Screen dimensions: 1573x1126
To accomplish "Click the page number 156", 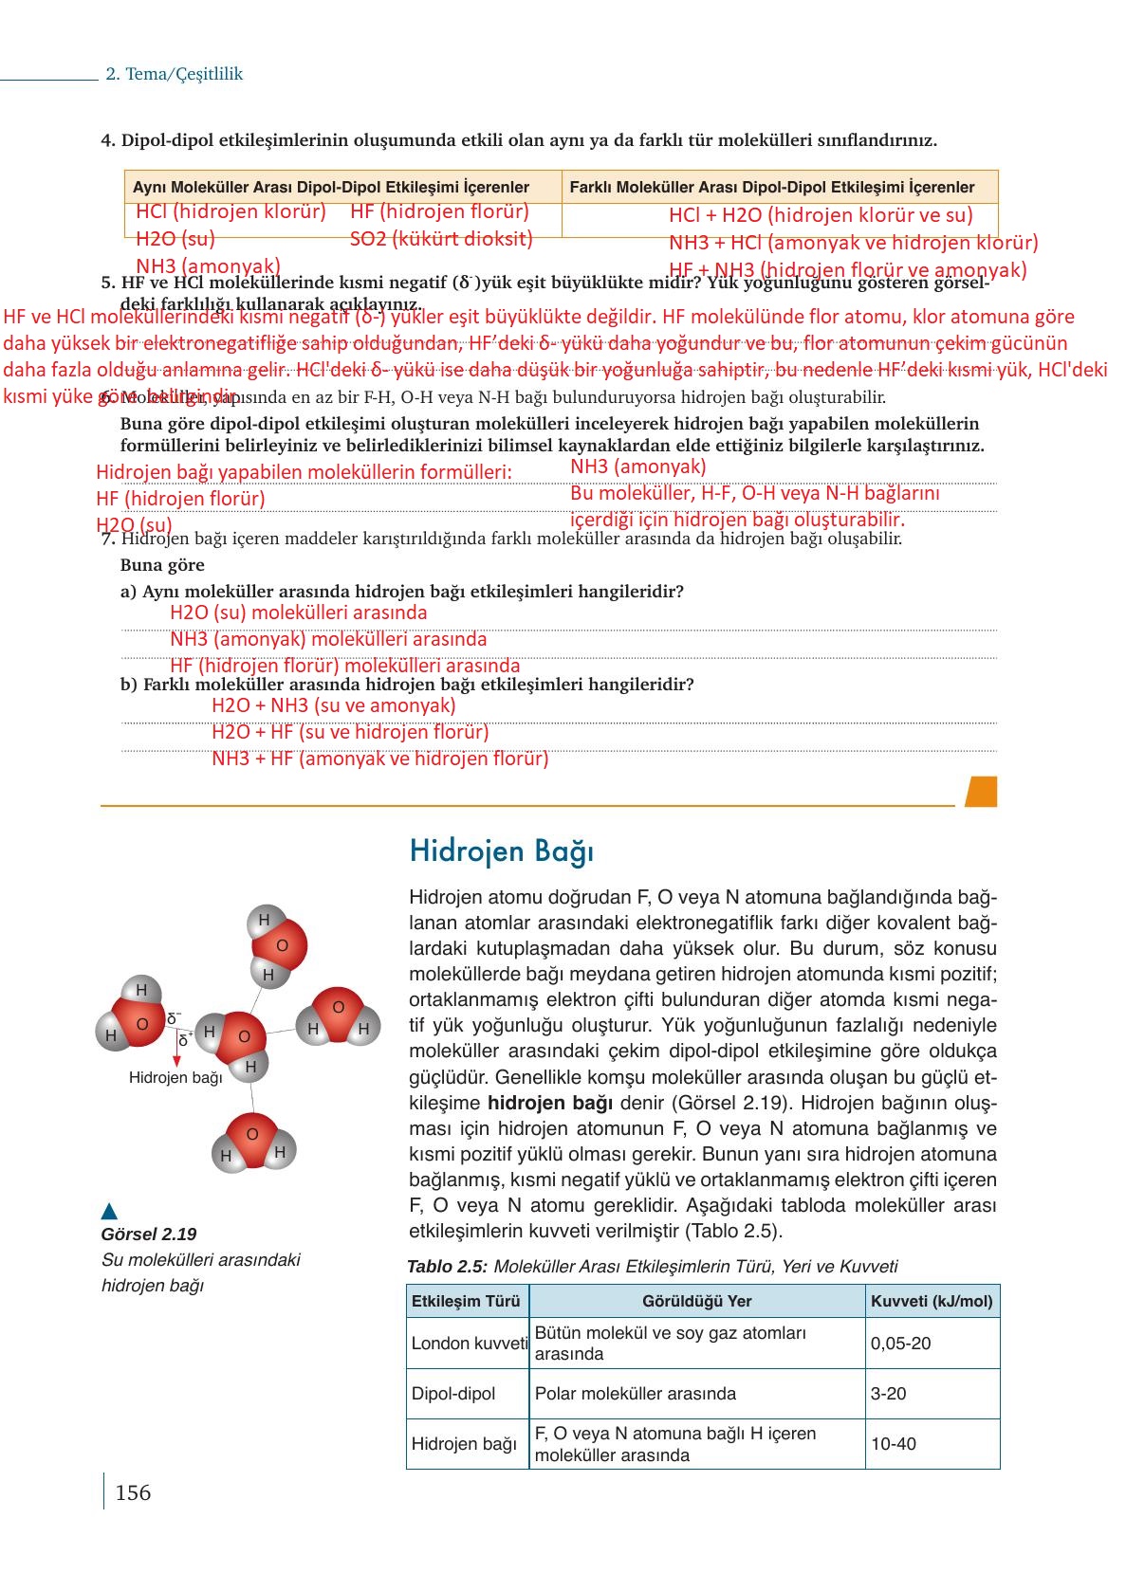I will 132,1492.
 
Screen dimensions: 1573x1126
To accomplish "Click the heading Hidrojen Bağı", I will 501,851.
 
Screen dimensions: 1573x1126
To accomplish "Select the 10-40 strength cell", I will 893,1444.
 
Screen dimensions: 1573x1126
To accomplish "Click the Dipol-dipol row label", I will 453,1394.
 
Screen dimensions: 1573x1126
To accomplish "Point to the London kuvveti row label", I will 469,1344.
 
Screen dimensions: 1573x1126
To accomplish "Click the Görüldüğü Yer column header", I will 696,1301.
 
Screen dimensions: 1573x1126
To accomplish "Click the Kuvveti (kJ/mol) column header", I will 932,1301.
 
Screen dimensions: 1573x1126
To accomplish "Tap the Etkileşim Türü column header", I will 467,1301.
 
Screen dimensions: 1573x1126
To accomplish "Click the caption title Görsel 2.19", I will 148,1235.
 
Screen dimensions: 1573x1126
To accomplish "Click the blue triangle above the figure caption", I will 109,1211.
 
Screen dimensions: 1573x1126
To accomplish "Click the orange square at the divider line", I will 981,792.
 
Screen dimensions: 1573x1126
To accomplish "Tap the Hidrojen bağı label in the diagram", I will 175,1077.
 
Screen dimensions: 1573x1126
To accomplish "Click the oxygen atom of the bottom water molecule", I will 251,1136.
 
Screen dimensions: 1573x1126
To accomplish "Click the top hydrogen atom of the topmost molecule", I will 264,920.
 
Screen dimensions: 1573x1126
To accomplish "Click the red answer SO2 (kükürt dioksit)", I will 441,239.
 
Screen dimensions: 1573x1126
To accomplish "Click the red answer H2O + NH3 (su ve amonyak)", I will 333,705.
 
